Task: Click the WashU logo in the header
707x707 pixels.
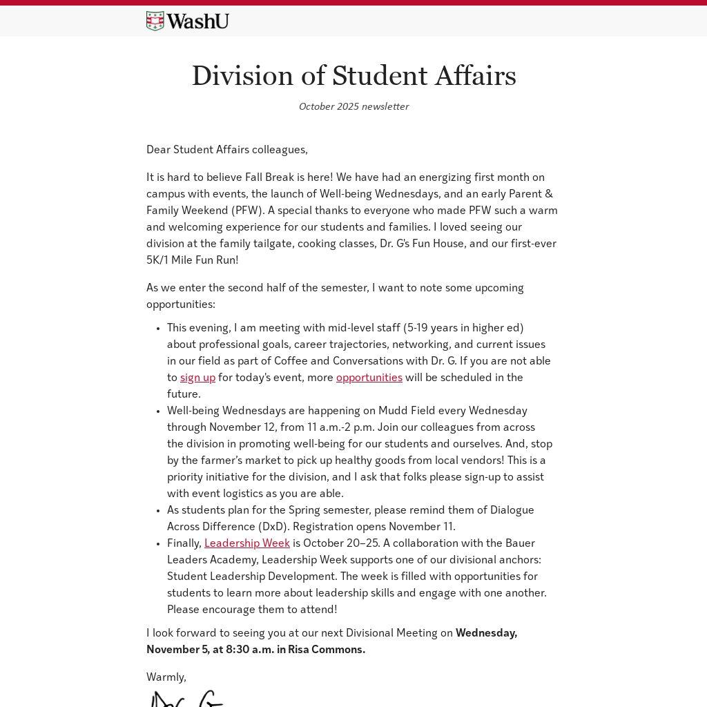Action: coord(187,21)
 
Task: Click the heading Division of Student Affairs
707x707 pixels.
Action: coord(353,76)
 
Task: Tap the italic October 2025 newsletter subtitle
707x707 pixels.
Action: coord(353,106)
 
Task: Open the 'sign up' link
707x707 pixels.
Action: coord(197,378)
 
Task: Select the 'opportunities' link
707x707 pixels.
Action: coord(369,378)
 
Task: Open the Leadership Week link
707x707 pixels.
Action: coord(246,543)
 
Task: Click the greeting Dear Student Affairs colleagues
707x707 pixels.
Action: coord(226,150)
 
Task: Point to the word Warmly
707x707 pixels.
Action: coord(166,677)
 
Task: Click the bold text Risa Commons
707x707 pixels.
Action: coord(326,650)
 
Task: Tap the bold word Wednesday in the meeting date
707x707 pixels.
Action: coord(485,633)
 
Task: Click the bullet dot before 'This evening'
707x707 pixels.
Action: coord(158,329)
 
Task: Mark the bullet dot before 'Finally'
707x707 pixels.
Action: coord(158,544)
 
